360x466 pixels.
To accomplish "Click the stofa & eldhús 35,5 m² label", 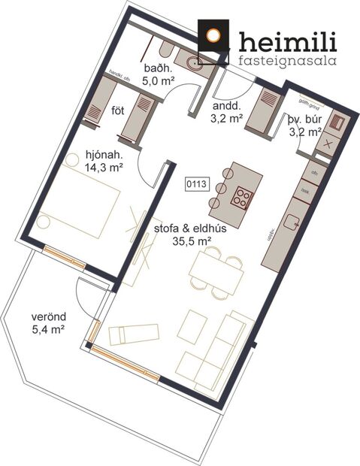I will (181, 235).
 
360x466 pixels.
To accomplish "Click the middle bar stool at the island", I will (220, 188).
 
